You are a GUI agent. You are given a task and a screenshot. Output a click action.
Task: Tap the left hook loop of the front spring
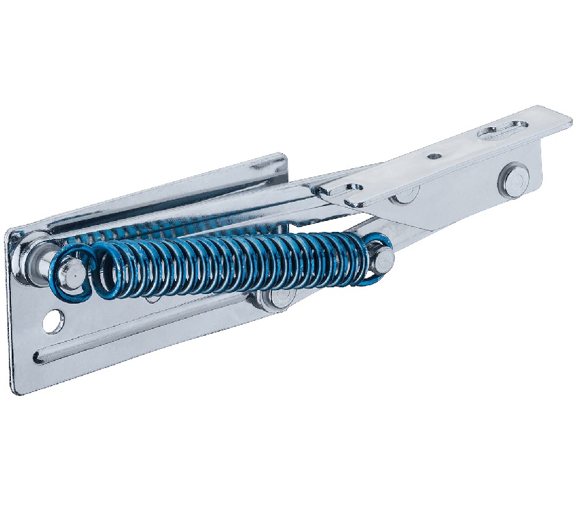tap(71, 274)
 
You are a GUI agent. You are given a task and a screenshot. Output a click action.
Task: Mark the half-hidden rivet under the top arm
tap(403, 198)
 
